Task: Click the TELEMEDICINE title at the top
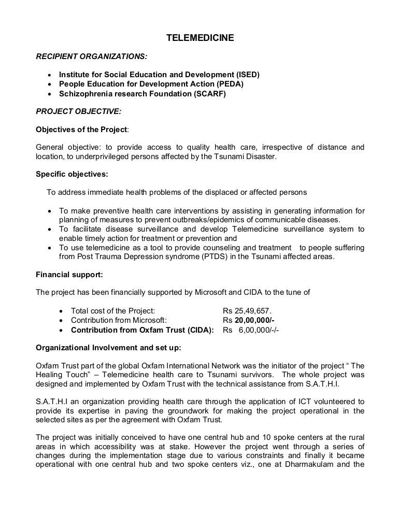[200, 38]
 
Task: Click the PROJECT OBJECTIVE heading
[78, 111]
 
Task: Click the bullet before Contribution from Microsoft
[62, 321]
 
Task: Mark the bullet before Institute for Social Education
[50, 75]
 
